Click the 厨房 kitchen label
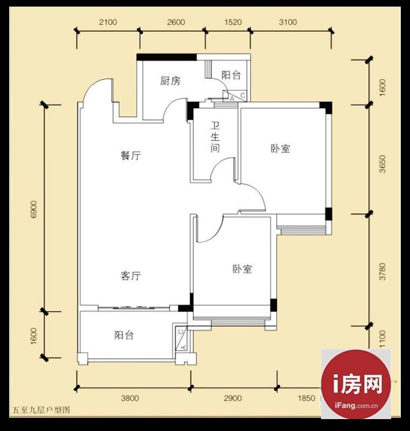170,81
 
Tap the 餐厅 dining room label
131,156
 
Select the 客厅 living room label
131,276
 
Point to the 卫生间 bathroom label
215,137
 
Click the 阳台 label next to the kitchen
231,75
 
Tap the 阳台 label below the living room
124,335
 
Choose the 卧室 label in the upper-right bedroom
281,149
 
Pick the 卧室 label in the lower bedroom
242,269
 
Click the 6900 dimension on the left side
33,210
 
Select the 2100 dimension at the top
108,22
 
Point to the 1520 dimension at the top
233,22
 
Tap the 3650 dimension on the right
382,164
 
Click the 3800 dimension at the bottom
130,398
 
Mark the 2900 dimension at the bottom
233,398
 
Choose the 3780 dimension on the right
382,272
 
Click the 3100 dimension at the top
288,22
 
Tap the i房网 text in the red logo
358,384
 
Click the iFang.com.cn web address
356,406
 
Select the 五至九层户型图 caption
41,410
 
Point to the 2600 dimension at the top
176,22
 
